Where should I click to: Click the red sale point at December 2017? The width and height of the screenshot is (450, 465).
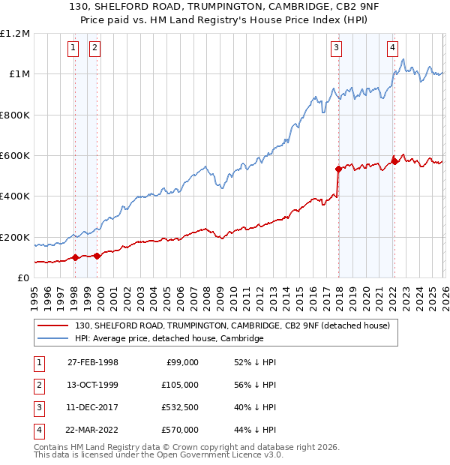(338, 169)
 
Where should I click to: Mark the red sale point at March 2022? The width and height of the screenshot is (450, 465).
(394, 161)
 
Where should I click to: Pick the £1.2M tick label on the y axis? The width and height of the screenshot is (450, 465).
(15, 34)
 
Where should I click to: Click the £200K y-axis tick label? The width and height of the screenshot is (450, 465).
(15, 238)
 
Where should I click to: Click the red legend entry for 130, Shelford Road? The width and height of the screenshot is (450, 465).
(232, 326)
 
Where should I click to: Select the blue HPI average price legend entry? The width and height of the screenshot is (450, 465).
(169, 339)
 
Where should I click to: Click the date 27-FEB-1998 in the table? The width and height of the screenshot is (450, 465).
(92, 362)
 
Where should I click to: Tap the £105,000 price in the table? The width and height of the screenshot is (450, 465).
(179, 385)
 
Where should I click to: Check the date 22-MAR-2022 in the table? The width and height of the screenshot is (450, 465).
(92, 430)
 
